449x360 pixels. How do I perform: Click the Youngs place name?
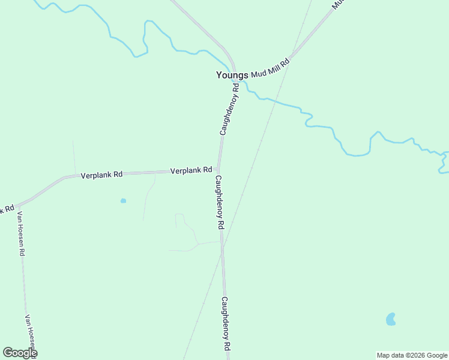tap(232, 76)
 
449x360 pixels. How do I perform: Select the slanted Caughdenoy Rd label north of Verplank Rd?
tap(229, 109)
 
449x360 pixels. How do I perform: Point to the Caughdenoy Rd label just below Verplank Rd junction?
tap(219, 202)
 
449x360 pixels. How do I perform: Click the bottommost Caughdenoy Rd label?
tap(226, 323)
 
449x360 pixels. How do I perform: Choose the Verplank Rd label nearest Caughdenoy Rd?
tap(191, 170)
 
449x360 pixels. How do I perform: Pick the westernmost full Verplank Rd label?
tap(101, 175)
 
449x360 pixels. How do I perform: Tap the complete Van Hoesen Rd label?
tap(20, 233)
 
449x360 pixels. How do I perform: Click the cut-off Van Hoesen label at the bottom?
tap(32, 334)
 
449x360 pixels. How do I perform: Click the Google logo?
tap(20, 353)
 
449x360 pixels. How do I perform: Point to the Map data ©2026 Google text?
tap(412, 355)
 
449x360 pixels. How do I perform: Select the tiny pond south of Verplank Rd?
tap(123, 200)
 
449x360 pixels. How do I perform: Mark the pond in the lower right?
tap(391, 319)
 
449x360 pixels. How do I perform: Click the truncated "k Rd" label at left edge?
tap(7, 209)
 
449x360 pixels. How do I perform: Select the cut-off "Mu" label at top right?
tap(339, 4)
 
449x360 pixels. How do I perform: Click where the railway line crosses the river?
tap(276, 102)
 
